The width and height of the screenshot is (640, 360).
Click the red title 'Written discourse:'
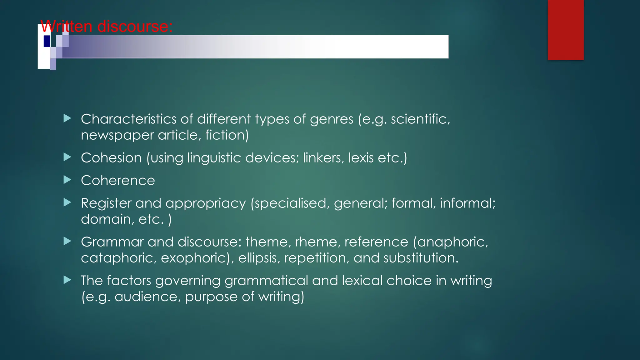pos(106,26)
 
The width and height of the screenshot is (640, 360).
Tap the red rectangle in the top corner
pos(566,30)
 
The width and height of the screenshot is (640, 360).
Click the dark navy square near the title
pos(47,41)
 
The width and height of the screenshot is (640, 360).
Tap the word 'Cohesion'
pos(111,158)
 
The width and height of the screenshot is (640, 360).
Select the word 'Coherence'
pos(118,181)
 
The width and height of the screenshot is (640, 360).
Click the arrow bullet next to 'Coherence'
pos(67,180)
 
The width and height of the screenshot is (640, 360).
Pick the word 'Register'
pos(106,203)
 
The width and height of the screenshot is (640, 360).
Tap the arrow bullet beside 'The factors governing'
pos(67,280)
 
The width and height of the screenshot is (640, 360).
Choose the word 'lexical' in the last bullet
pos(362,281)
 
